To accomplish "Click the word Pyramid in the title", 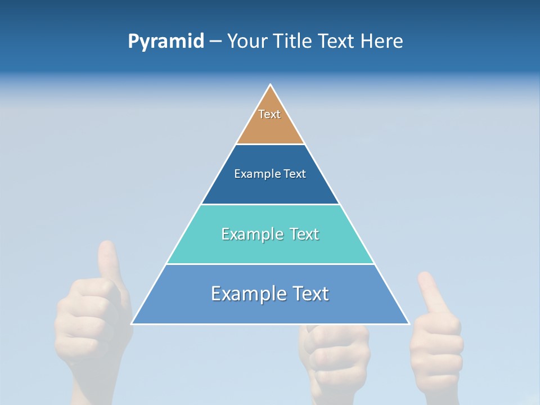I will click(166, 42).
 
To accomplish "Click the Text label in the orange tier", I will click(269, 114).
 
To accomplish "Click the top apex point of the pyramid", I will click(271, 85).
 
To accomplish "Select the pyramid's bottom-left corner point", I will click(132, 324).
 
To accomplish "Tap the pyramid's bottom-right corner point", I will click(409, 324).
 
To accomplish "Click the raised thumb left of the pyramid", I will click(107, 259).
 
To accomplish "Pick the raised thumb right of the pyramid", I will click(430, 292).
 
